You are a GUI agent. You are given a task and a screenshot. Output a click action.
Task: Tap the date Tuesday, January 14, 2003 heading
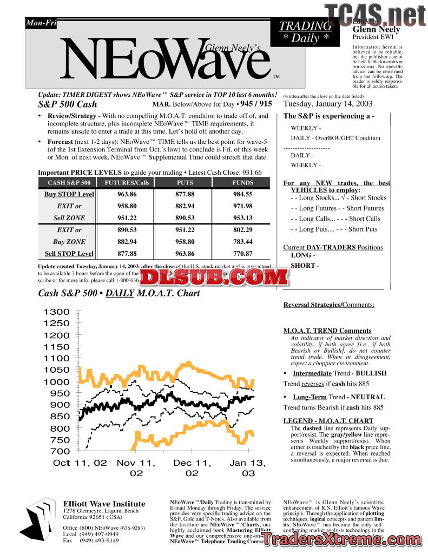[328, 104]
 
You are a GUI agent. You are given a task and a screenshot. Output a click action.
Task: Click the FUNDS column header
[242, 183]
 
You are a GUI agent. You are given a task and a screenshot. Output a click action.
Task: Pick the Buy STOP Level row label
[69, 194]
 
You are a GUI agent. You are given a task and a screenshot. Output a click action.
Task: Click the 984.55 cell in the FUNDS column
[242, 194]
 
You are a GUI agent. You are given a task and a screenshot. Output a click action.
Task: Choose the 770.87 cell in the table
[242, 254]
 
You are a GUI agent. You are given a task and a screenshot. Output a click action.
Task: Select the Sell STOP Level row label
[69, 254]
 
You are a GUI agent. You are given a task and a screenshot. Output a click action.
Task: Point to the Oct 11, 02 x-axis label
[80, 463]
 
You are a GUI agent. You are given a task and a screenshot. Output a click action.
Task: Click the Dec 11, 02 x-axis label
[192, 468]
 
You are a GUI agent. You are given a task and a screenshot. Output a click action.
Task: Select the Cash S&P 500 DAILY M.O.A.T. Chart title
[119, 293]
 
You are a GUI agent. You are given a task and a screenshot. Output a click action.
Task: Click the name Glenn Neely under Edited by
[377, 29]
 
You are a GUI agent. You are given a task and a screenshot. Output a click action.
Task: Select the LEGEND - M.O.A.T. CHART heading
[328, 421]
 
